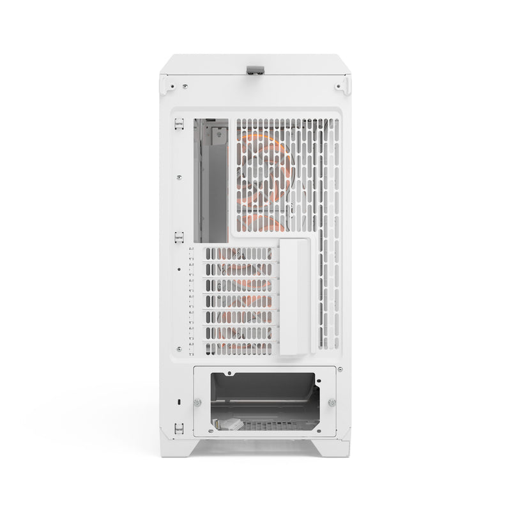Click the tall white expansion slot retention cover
[294, 297]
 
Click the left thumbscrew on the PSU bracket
[197, 402]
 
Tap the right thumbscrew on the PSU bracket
[332, 402]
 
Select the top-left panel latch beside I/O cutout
[179, 125]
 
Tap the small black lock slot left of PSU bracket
[179, 401]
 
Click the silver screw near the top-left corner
[185, 86]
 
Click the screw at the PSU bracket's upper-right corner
[339, 369]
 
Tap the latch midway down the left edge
[179, 236]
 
